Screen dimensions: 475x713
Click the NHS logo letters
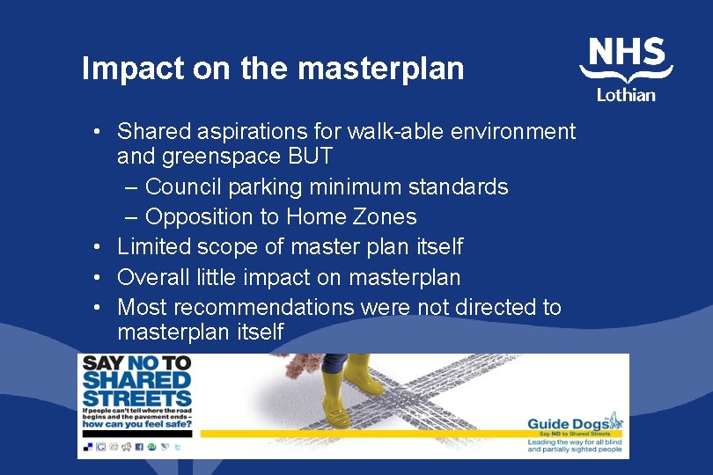pyautogui.click(x=627, y=54)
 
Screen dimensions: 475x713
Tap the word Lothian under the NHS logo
pyautogui.click(x=626, y=95)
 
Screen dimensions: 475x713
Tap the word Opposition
pyautogui.click(x=195, y=216)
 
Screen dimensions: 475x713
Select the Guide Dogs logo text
pyautogui.click(x=573, y=424)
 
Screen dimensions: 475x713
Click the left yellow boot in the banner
pyautogui.click(x=335, y=401)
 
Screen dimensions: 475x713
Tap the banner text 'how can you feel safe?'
pyautogui.click(x=136, y=423)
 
